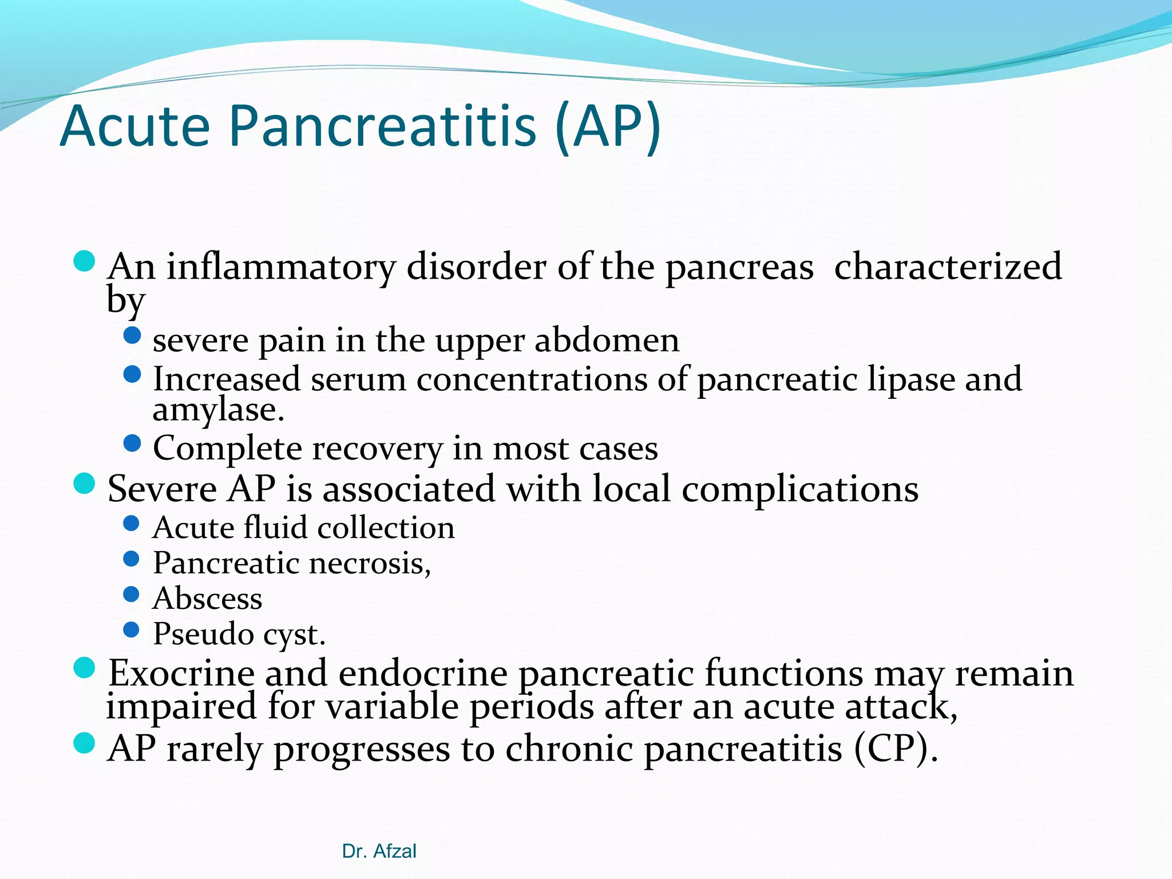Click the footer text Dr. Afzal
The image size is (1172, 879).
[379, 852]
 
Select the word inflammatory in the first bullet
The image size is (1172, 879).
[281, 268]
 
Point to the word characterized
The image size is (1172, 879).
[948, 267]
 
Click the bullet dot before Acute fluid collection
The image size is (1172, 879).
[132, 523]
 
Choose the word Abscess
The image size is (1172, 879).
[207, 599]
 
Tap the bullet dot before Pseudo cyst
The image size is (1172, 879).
[132, 630]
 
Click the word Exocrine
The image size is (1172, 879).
[181, 673]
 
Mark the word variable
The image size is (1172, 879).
[392, 706]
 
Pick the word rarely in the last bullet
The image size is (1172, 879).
[214, 749]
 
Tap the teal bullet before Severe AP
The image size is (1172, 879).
[84, 484]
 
